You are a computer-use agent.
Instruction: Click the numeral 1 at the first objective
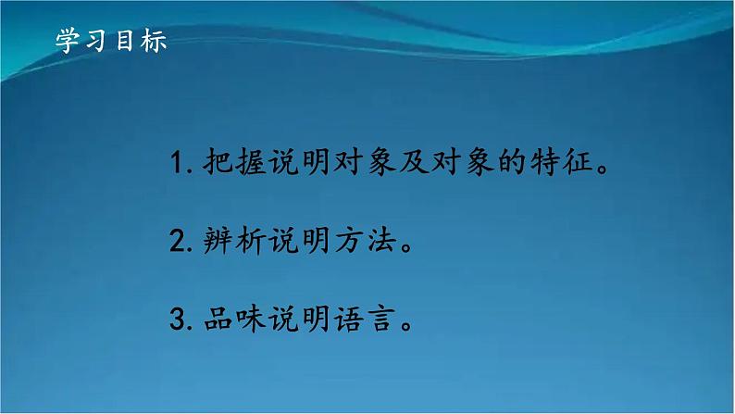coord(178,168)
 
